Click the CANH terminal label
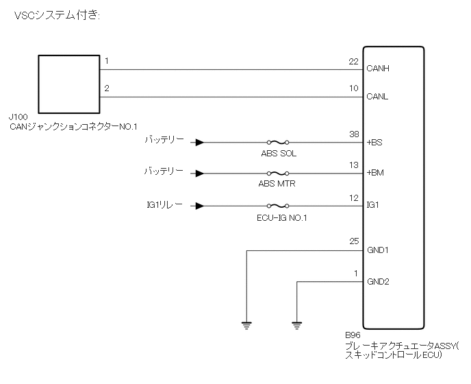[377, 69]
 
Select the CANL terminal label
[377, 97]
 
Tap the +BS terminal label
[374, 143]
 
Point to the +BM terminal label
[375, 173]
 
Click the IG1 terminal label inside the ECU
[373, 205]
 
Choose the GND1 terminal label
[378, 250]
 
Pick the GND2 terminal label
[378, 282]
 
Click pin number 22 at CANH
[353, 62]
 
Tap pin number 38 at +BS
[353, 136]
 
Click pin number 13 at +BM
[353, 165]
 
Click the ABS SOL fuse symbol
[277, 143]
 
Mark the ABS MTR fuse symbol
[277, 174]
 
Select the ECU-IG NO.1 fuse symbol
[277, 205]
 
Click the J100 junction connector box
[68, 84]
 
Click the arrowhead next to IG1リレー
[199, 205]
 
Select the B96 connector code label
[354, 337]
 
